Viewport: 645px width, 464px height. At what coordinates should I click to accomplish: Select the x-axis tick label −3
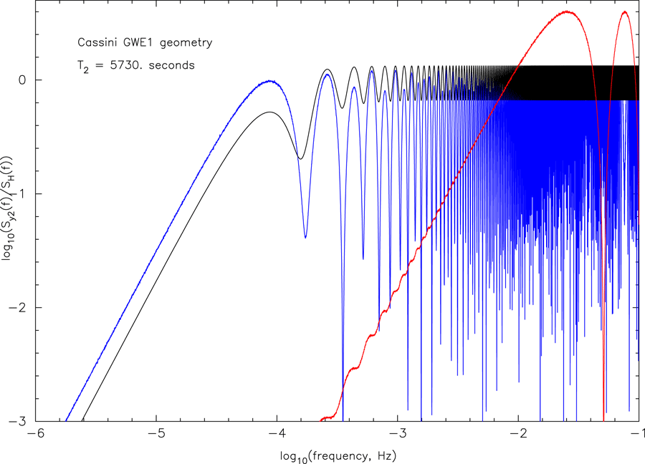(x=398, y=435)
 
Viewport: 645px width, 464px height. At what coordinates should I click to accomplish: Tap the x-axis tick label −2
(x=518, y=435)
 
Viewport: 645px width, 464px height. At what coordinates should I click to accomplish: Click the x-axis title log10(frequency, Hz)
(x=338, y=455)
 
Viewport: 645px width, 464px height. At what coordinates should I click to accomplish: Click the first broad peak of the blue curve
(x=269, y=82)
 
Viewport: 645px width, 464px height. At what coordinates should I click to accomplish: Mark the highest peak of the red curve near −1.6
(x=568, y=12)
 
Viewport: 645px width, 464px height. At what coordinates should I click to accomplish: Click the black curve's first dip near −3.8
(x=300, y=158)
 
